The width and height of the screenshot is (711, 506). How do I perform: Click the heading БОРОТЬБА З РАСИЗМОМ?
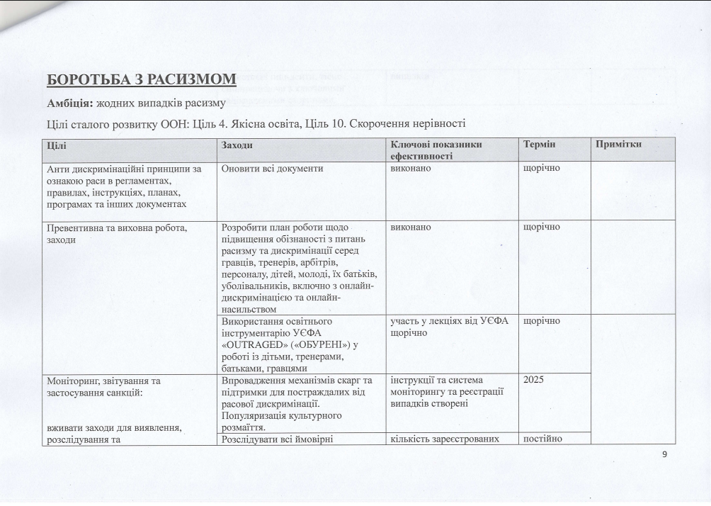[x=141, y=79]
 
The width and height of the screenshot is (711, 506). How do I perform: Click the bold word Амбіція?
[x=69, y=103]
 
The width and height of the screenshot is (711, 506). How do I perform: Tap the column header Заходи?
[x=237, y=145]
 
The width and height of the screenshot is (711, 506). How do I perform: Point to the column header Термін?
[x=539, y=145]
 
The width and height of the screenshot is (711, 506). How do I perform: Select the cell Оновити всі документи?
[x=272, y=169]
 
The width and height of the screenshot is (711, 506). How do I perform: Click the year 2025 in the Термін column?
[x=534, y=380]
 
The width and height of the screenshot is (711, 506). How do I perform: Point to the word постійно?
[x=542, y=438]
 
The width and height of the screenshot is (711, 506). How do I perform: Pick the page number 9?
[x=664, y=455]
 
